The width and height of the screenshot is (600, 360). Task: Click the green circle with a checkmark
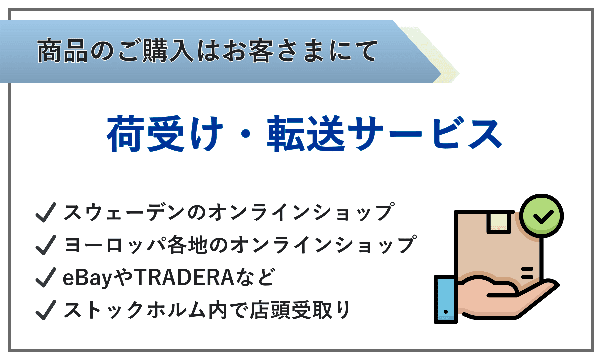tap(541, 216)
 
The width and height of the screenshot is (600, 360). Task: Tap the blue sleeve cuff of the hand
tap(446, 299)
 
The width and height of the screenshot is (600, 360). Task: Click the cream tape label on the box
tap(499, 222)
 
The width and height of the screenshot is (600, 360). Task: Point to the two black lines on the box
tap(527, 273)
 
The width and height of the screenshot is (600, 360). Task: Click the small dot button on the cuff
tap(446, 312)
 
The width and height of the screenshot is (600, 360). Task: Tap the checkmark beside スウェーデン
tap(45, 212)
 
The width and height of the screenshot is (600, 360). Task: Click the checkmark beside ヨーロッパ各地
tap(45, 245)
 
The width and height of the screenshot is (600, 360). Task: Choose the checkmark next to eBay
tap(45, 277)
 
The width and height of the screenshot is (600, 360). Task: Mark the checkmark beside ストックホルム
tap(45, 310)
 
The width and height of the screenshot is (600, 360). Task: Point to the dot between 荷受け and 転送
tap(246, 134)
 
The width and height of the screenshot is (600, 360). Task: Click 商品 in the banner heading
tap(62, 51)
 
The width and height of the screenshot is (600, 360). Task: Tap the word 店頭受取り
tap(300, 310)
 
